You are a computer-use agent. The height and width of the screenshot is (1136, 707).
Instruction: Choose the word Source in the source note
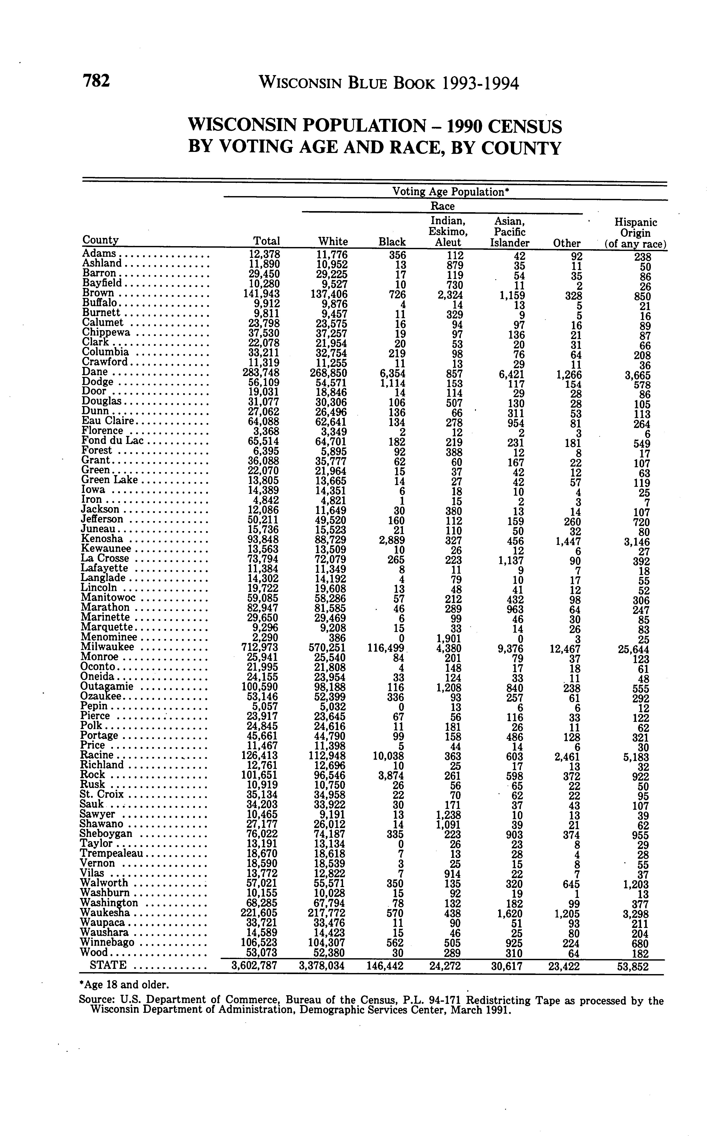(x=96, y=1001)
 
